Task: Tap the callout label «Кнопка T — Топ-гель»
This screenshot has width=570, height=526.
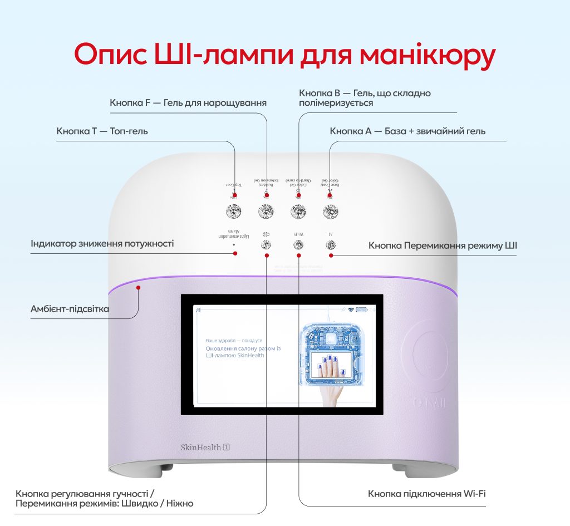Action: point(102,131)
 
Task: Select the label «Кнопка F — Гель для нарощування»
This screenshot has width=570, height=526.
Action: point(188,103)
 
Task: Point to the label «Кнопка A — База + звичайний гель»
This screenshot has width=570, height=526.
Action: point(407,131)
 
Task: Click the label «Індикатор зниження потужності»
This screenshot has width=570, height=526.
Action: point(102,244)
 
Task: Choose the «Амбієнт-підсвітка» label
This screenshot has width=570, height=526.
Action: point(70,309)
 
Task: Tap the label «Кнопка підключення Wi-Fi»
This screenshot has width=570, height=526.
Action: point(427,494)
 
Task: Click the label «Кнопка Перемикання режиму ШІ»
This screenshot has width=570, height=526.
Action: point(443,245)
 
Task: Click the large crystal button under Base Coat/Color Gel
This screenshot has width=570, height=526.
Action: point(331,211)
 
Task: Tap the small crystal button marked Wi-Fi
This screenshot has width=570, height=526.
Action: point(299,244)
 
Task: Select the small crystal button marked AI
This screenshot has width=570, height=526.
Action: point(331,244)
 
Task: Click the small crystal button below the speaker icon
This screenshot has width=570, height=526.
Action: point(267,244)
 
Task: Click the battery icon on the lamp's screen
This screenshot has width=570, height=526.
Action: point(362,310)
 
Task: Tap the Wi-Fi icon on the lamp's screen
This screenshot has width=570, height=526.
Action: point(351,310)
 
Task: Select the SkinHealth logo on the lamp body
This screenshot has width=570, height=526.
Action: point(205,447)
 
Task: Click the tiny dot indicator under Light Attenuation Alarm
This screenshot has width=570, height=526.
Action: point(234,244)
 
